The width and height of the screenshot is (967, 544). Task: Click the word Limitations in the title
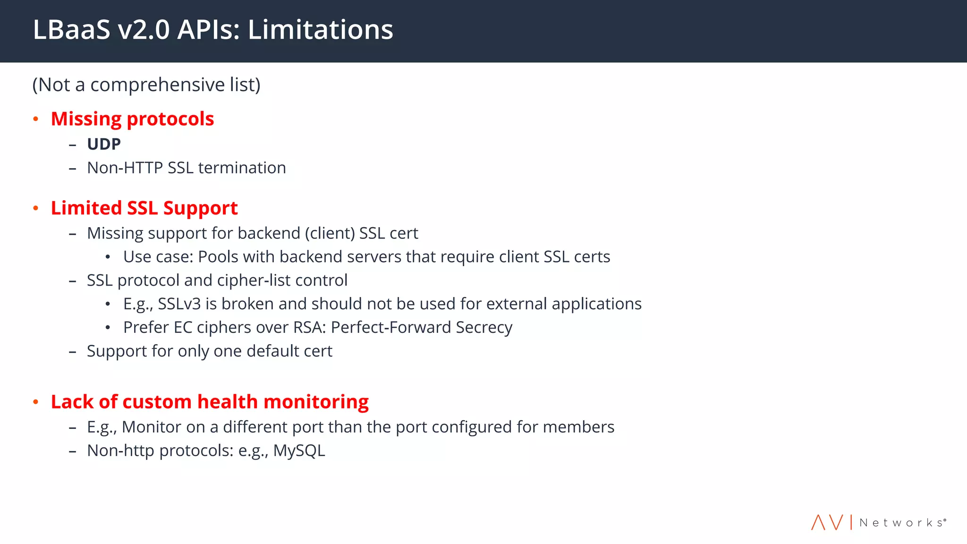tap(320, 30)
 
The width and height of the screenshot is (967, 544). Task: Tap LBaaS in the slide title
tap(71, 30)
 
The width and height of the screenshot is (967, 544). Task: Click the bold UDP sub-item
tap(104, 144)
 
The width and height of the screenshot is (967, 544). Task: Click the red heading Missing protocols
tap(132, 119)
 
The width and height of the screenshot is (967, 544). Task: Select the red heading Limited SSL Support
tap(144, 208)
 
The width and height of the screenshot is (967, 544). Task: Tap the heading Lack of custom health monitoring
tap(210, 402)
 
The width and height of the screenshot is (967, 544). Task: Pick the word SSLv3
tap(179, 304)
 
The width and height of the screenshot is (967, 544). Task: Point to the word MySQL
tap(299, 451)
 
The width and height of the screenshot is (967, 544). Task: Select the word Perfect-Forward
tap(391, 328)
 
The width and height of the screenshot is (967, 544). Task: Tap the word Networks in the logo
tap(902, 523)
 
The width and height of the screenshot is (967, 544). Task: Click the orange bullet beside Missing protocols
tap(36, 119)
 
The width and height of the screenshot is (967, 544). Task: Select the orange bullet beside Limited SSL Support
tap(36, 208)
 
